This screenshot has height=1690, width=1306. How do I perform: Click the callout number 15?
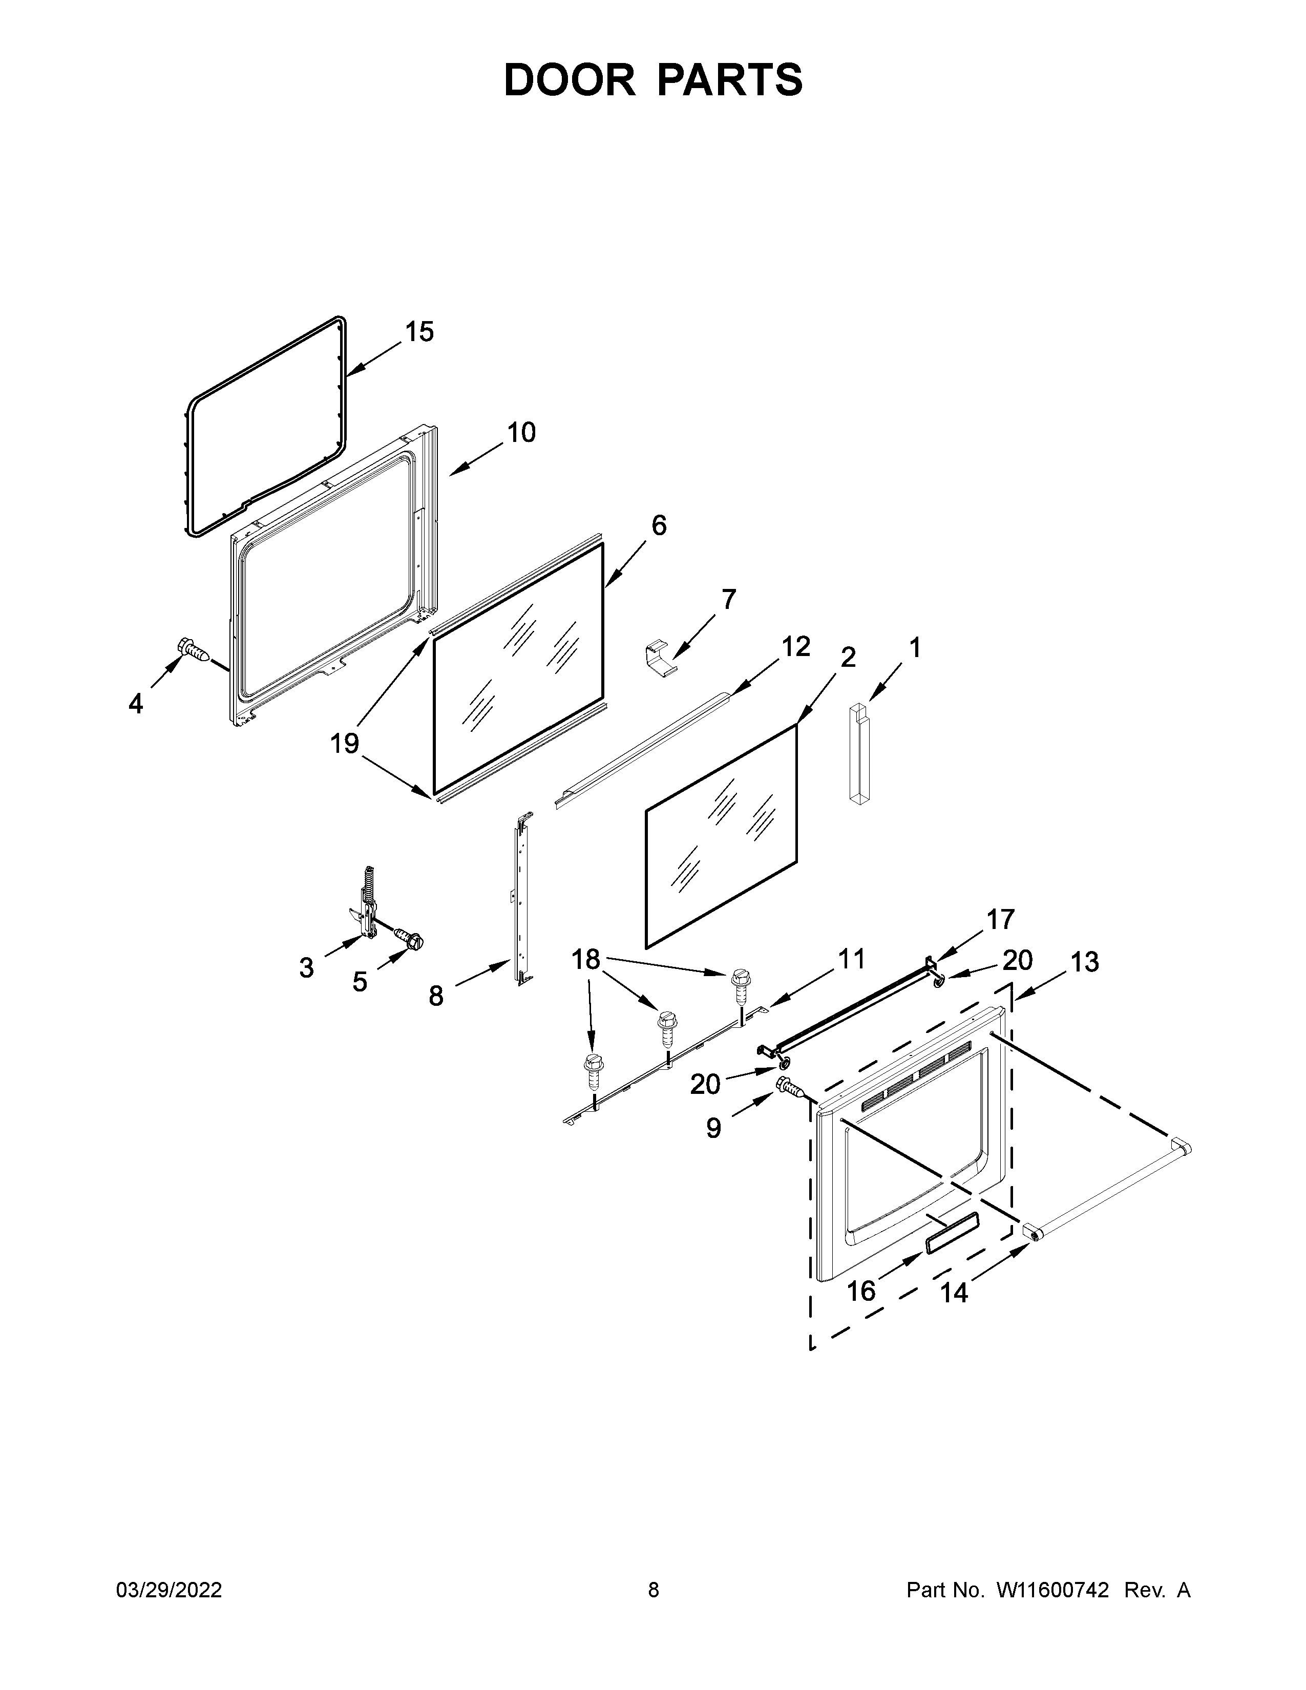(x=419, y=332)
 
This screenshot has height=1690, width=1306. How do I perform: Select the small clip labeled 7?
(x=659, y=659)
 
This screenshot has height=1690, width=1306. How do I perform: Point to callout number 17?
(x=1000, y=919)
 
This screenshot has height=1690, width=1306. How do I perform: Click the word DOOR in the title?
(x=568, y=80)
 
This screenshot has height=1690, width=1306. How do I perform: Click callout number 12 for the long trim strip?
(x=795, y=646)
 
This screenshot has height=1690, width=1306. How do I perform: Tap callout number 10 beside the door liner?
(x=521, y=433)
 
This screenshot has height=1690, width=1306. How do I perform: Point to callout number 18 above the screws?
(x=586, y=960)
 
